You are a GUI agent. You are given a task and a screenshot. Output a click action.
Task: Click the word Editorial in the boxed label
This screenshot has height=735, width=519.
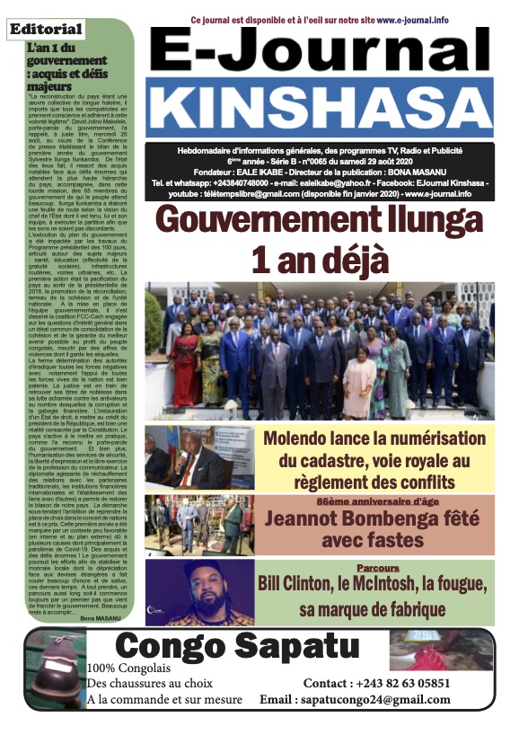point(46,30)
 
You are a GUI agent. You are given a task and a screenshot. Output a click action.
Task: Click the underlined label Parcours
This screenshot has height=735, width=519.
point(377,569)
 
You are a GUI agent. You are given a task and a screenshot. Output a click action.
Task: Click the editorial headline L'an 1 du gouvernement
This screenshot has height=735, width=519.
point(65,66)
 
